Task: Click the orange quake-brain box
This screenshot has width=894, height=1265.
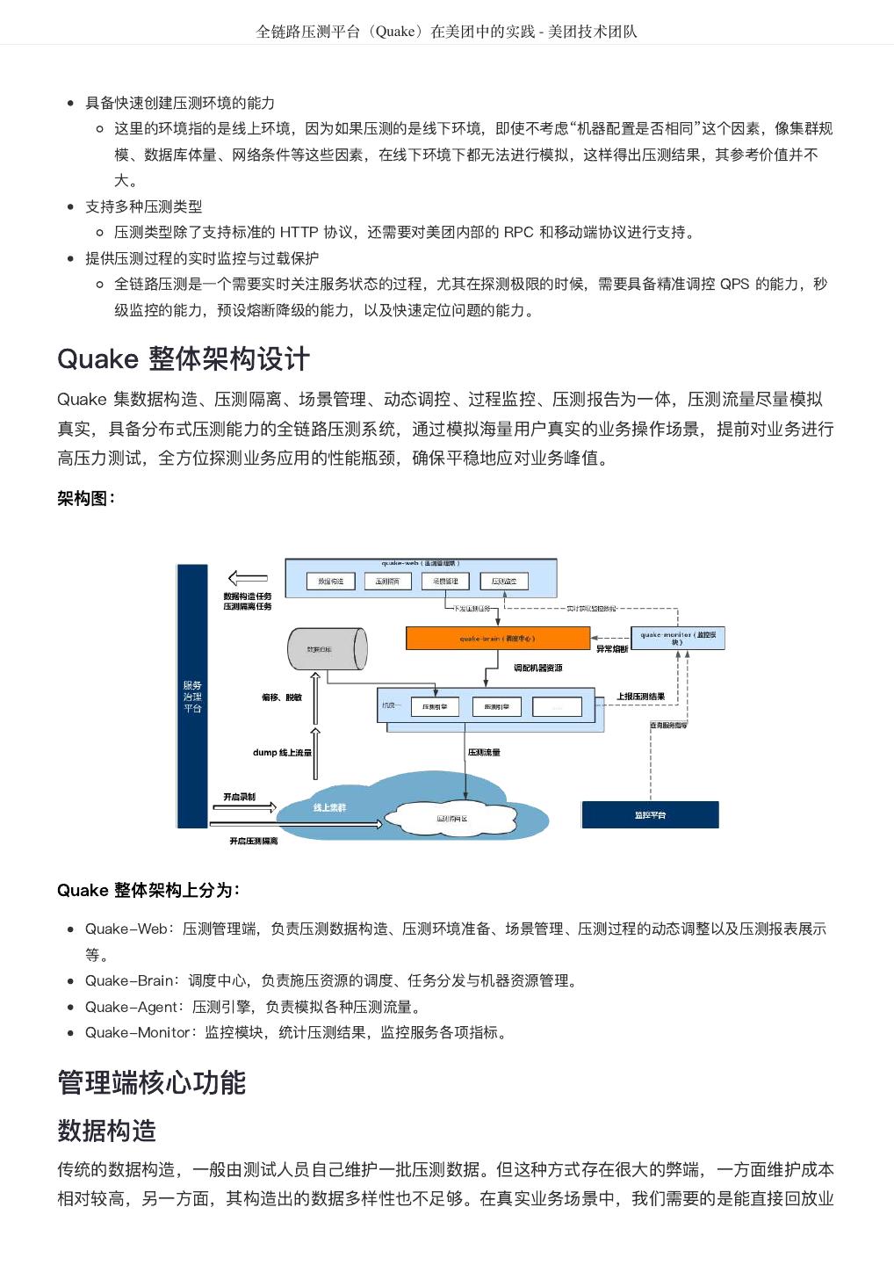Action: [x=497, y=639]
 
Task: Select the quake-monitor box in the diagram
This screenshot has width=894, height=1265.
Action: [x=678, y=638]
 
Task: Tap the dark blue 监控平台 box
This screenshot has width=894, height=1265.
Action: [x=650, y=815]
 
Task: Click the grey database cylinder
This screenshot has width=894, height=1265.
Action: [x=326, y=649]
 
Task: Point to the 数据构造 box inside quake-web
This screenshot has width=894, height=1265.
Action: [x=330, y=582]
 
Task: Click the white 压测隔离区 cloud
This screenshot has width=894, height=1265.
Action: [x=452, y=818]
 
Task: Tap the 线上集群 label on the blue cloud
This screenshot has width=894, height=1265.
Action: [x=329, y=807]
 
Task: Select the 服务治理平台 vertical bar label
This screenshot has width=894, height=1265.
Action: [x=192, y=697]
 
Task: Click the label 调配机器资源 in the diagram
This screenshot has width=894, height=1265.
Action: [x=537, y=668]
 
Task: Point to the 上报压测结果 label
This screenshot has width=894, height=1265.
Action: [x=640, y=697]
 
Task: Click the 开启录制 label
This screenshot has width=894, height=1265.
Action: [x=239, y=797]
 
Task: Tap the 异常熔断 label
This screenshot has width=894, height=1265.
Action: [x=612, y=649]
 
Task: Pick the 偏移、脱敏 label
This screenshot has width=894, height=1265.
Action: [x=281, y=698]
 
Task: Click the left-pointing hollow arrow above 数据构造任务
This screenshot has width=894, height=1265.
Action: [x=248, y=578]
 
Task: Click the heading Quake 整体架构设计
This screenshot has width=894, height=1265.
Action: [x=183, y=358]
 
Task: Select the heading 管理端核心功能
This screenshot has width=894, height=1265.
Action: [x=151, y=1082]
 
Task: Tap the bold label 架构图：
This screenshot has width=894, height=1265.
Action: [x=86, y=499]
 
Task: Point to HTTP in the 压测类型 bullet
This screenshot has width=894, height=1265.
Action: [x=299, y=233]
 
